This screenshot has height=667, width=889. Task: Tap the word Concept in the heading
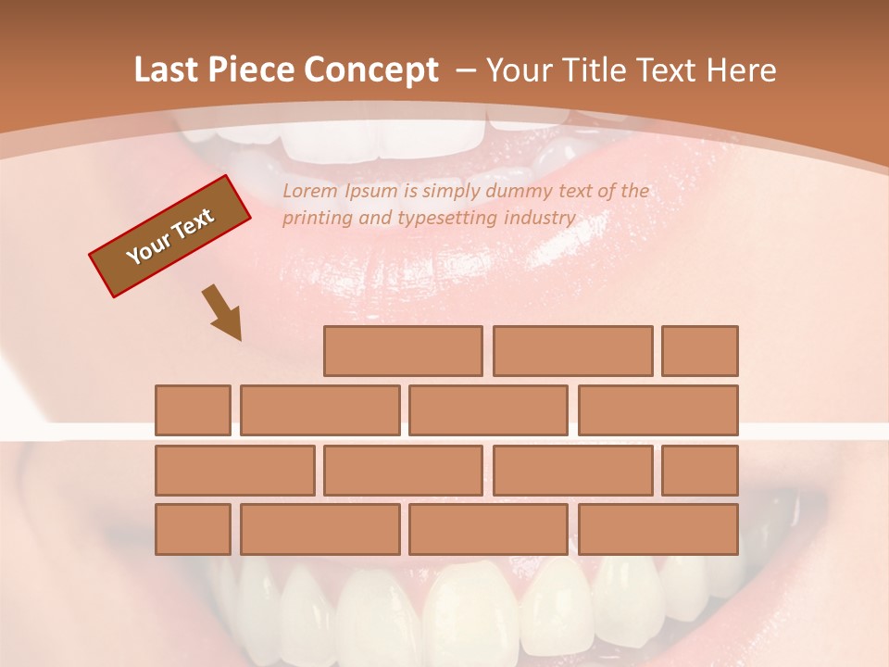[x=371, y=70]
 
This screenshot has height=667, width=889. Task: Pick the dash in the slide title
[x=466, y=70]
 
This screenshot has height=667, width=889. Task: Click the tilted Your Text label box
[x=169, y=236]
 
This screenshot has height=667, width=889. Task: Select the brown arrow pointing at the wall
[x=223, y=312]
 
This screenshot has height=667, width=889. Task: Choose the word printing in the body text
[x=316, y=219]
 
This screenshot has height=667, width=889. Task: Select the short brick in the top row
[x=700, y=351]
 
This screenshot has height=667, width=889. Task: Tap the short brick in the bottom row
[x=193, y=530]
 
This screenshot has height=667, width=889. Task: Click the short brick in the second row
[x=193, y=410]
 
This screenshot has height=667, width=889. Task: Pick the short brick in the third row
[x=700, y=471]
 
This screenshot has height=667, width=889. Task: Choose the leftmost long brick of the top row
[x=403, y=351]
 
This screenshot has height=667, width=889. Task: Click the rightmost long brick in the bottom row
[x=658, y=530]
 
